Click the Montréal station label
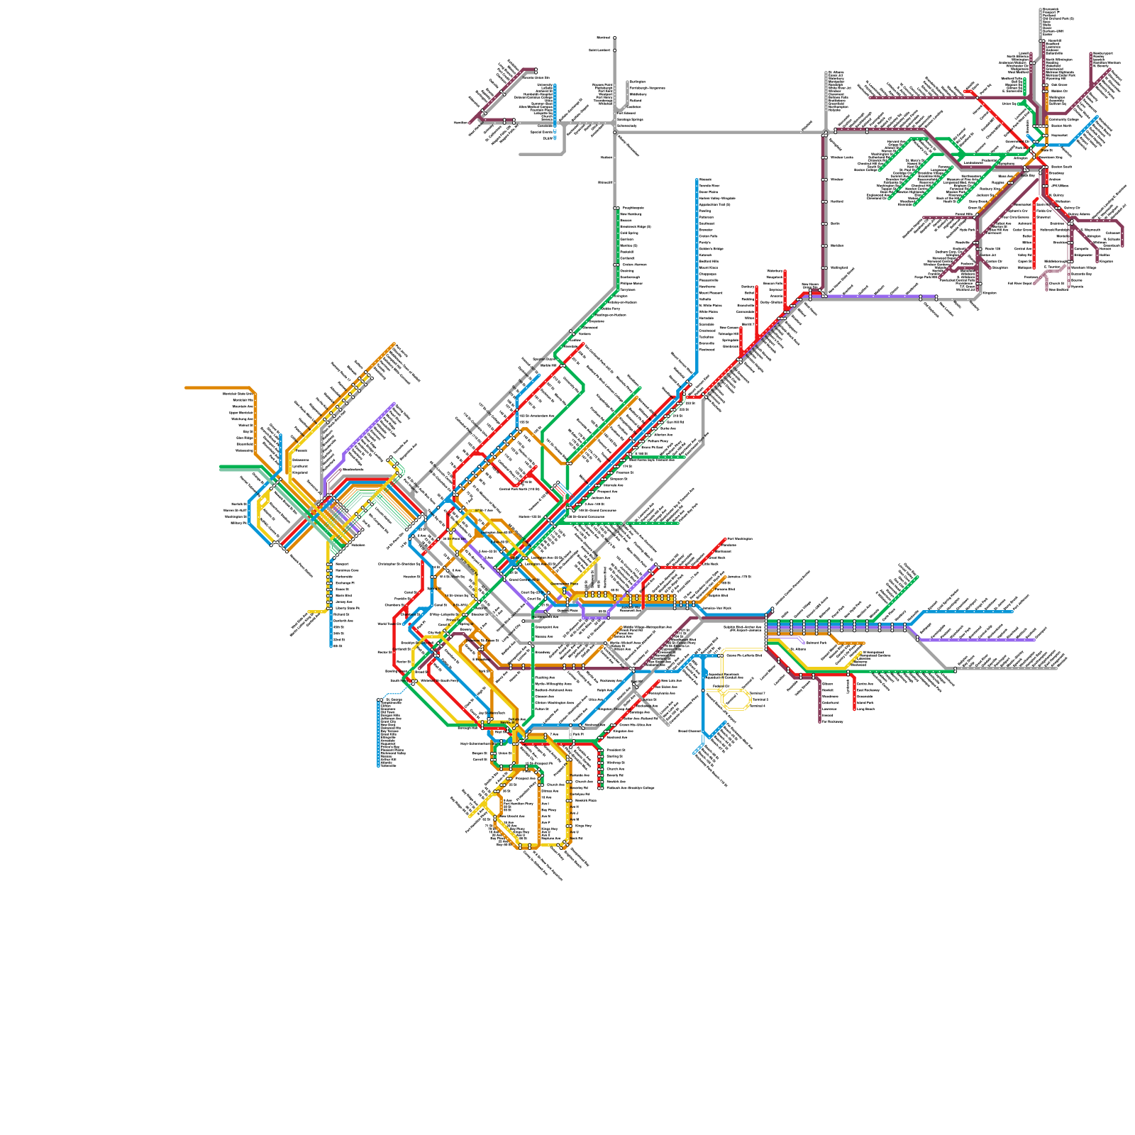pyautogui.click(x=603, y=38)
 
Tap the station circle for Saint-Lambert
pyautogui.click(x=615, y=50)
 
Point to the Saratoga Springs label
pyautogui.click(x=631, y=120)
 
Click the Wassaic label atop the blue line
pyautogui.click(x=705, y=179)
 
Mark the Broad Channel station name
pyautogui.click(x=690, y=731)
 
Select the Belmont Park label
pyautogui.click(x=816, y=643)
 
